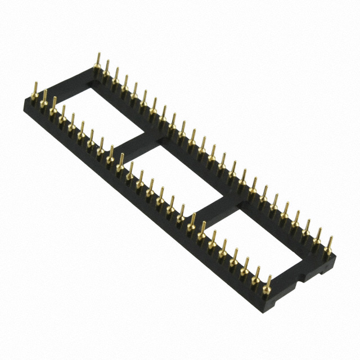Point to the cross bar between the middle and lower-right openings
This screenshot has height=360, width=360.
(217, 209)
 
